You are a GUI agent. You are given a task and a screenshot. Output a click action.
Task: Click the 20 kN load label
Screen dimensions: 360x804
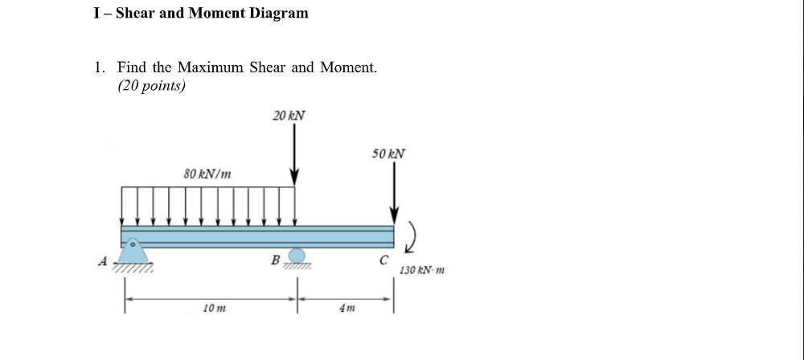[289, 116]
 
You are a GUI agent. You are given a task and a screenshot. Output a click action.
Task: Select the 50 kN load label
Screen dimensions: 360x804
[388, 153]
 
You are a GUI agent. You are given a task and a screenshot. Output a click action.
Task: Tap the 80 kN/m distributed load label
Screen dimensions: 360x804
[207, 173]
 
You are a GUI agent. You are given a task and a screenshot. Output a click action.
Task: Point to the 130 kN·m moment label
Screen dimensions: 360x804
[421, 271]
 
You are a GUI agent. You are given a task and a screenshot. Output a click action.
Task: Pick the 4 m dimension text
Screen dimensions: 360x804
[347, 309]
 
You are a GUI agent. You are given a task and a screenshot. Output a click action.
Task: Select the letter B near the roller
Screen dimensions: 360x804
[275, 260]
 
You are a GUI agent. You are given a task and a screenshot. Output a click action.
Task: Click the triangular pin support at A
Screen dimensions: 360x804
[135, 251]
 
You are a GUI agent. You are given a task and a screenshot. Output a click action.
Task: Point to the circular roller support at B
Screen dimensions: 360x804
[297, 256]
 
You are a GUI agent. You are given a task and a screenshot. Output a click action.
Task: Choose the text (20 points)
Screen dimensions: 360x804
[151, 86]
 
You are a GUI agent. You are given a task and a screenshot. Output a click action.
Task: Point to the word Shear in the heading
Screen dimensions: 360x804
[136, 13]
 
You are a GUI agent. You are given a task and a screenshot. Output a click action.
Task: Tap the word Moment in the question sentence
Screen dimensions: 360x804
[347, 67]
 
